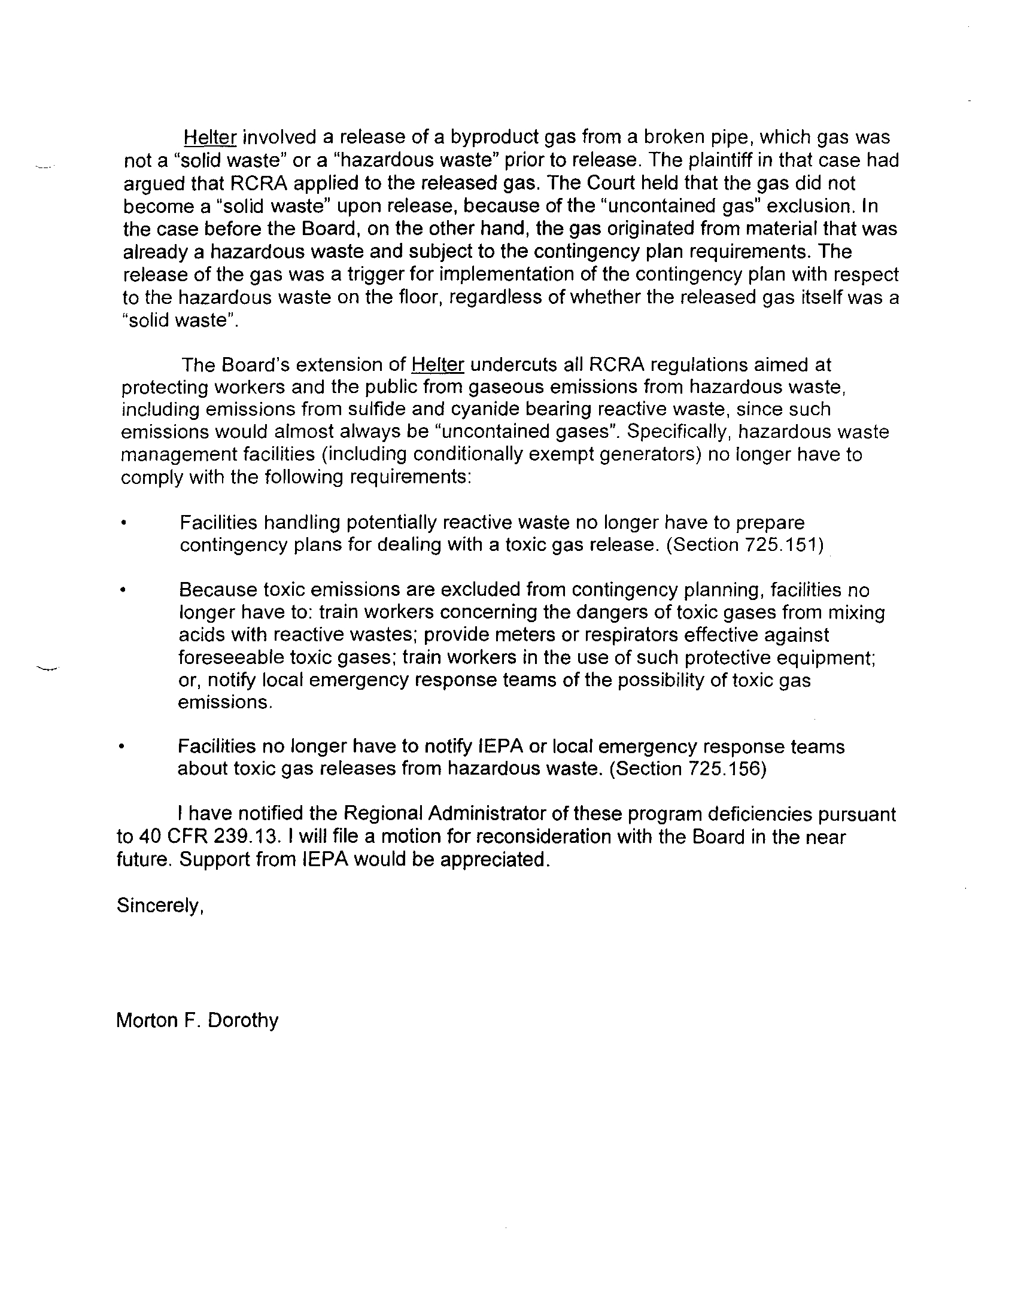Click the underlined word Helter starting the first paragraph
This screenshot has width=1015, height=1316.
pos(209,138)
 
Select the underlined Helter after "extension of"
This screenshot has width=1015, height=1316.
pos(437,364)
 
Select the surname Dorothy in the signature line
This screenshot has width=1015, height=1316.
pos(243,1020)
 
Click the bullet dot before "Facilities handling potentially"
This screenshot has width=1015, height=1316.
pos(123,523)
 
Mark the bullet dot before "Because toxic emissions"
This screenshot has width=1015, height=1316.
pos(123,590)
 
